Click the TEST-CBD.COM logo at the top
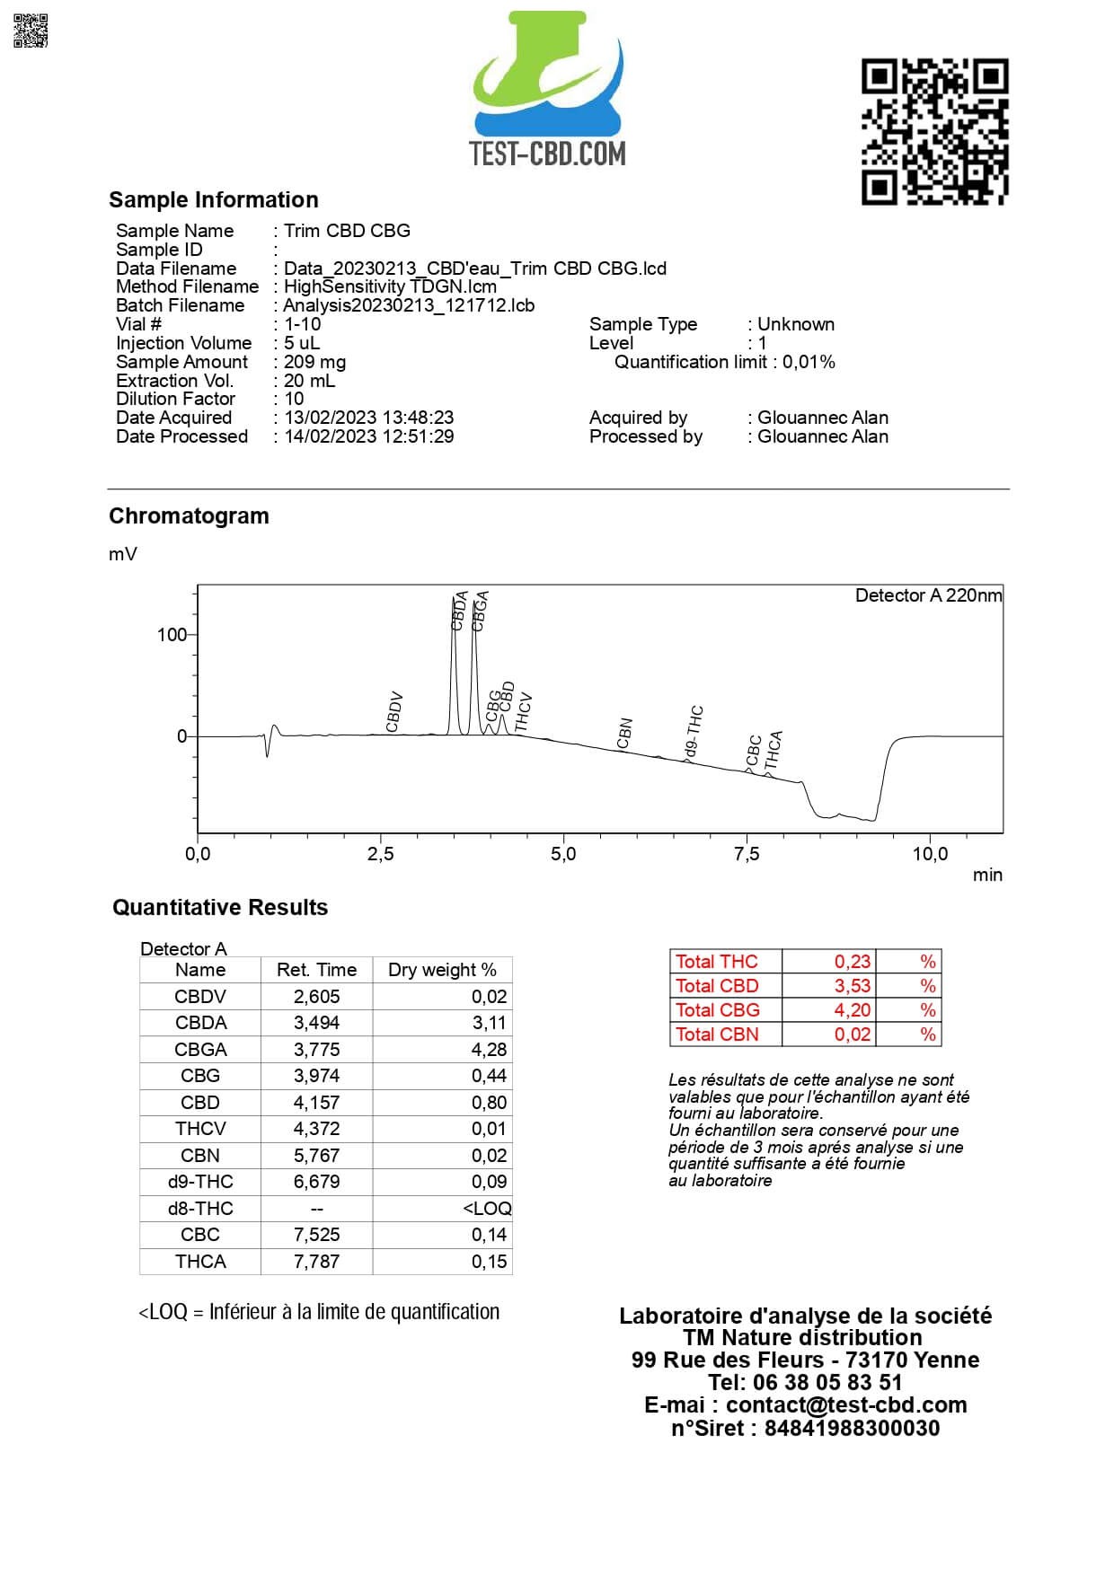tap(548, 90)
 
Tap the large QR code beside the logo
tap(934, 131)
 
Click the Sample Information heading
tap(214, 199)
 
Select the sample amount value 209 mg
tap(314, 362)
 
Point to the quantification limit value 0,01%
tap(809, 362)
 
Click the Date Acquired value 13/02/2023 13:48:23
tap(368, 418)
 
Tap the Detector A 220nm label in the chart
tap(928, 595)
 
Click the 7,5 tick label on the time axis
tap(747, 854)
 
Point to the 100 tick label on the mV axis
tap(171, 635)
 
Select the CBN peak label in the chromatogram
tap(625, 733)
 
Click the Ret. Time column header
tap(316, 970)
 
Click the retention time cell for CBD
tap(316, 1102)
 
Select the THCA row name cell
tap(200, 1261)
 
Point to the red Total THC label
tap(716, 962)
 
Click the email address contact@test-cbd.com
tap(846, 1404)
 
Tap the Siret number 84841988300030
tap(852, 1428)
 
